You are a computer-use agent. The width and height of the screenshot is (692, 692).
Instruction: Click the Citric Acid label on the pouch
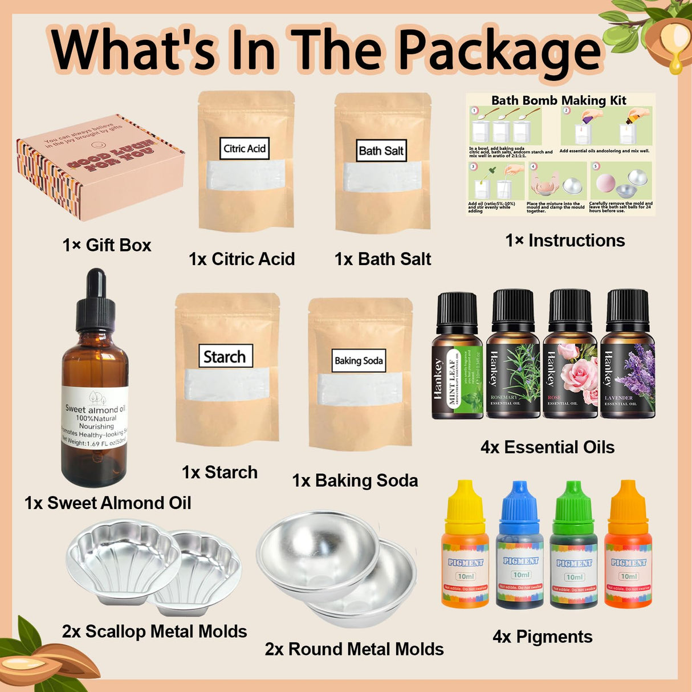[245, 149]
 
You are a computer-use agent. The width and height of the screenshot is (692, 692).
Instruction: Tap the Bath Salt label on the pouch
[381, 151]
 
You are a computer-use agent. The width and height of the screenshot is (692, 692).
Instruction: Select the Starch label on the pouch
[225, 356]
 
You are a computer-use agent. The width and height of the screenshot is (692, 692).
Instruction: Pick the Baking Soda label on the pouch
[359, 361]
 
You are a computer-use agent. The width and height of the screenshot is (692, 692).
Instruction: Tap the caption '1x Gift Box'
[107, 245]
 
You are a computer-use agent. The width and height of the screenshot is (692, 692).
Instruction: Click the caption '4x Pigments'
[542, 637]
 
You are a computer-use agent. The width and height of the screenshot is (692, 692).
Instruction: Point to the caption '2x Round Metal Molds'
[354, 649]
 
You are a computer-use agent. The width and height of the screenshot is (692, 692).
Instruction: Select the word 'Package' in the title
[499, 51]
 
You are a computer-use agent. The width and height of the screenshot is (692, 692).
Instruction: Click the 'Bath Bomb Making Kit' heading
[559, 101]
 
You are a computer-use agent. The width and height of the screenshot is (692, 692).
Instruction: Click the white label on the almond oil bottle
[95, 417]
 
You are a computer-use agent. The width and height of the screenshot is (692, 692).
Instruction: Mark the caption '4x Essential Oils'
[547, 447]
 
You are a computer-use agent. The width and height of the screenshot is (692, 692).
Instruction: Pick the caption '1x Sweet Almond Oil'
[108, 503]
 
